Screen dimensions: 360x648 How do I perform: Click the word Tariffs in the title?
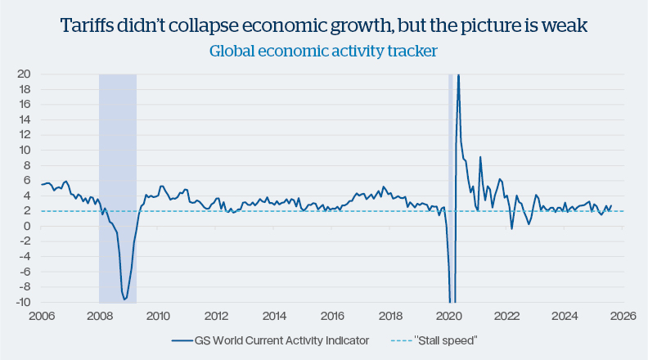tap(85, 26)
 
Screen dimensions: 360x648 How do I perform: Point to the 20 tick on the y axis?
tap(25, 74)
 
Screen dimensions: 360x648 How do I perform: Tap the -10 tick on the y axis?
tap(24, 303)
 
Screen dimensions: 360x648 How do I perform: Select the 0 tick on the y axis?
tap(29, 227)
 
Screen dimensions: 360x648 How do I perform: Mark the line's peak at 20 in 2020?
tap(458, 75)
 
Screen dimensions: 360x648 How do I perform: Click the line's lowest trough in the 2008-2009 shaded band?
tap(124, 299)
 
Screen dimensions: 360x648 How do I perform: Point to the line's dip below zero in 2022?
tap(512, 228)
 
